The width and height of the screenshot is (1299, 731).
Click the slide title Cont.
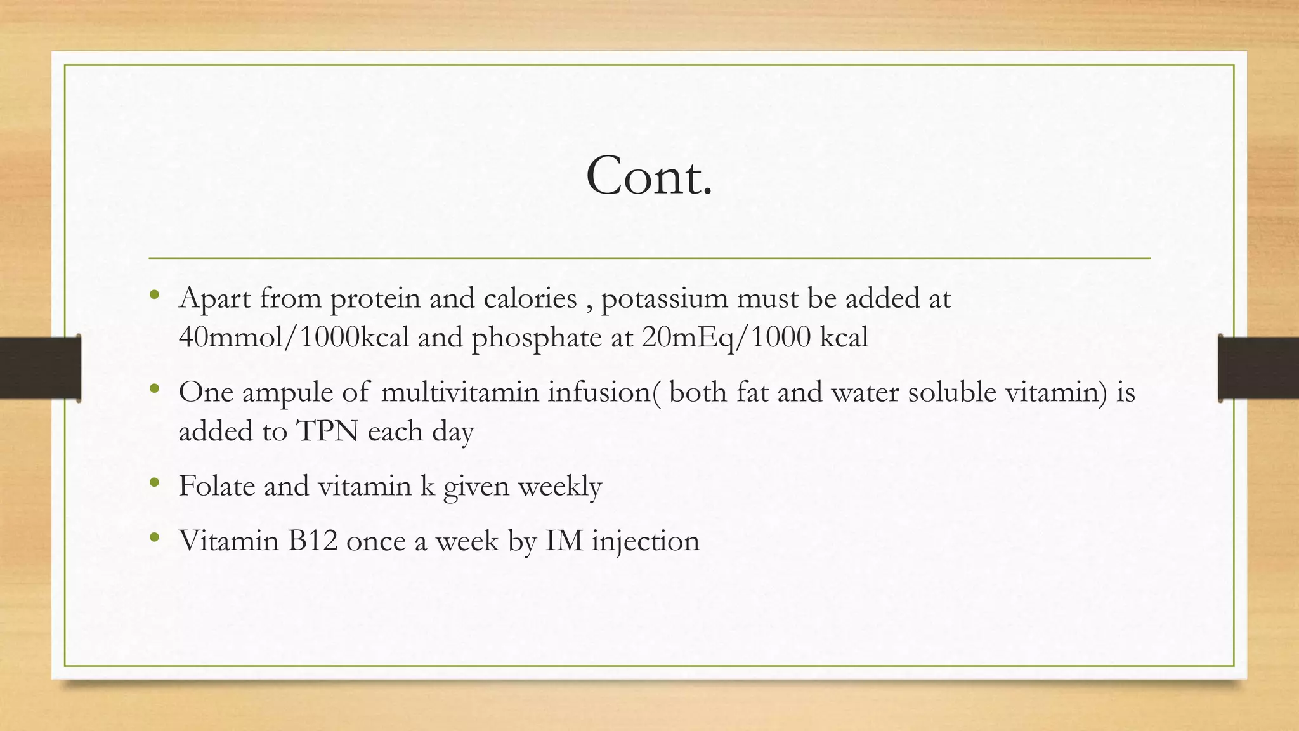649,176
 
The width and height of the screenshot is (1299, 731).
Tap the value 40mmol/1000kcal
294,338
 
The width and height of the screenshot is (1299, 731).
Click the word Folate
216,486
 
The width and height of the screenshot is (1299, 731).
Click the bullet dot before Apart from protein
154,294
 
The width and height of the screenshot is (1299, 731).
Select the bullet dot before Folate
154,483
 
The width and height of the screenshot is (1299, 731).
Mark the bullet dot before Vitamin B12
154,537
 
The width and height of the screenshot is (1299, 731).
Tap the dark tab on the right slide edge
1258,368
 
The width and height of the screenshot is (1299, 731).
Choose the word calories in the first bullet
530,298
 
